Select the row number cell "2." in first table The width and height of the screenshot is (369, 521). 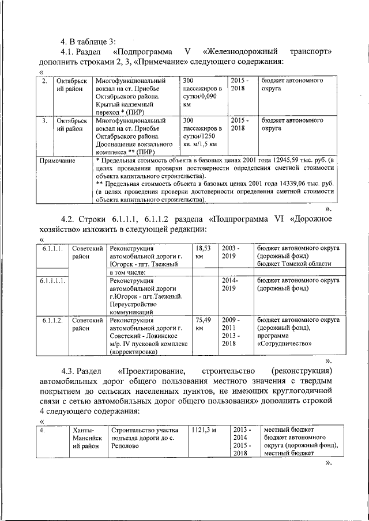pos(44,81)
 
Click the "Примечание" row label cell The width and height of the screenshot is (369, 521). pos(57,161)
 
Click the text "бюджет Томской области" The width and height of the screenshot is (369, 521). pos(294,264)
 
